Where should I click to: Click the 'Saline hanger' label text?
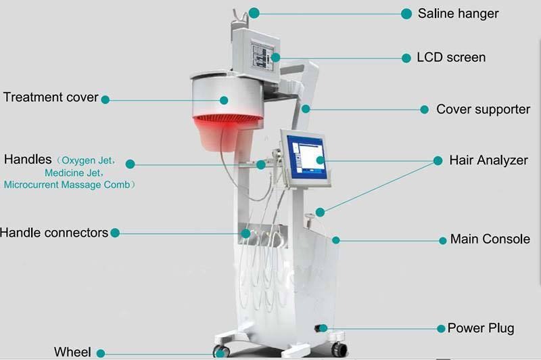click(x=458, y=14)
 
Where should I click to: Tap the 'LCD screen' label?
click(x=451, y=58)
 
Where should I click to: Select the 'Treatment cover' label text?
click(x=51, y=97)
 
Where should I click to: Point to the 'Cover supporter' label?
click(x=483, y=110)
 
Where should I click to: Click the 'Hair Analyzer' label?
click(x=488, y=160)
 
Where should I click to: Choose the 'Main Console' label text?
click(x=490, y=239)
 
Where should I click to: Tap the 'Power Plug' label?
click(x=481, y=328)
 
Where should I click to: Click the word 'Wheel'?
click(x=72, y=352)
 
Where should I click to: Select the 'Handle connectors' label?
click(x=54, y=233)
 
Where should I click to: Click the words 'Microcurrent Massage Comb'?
click(x=67, y=185)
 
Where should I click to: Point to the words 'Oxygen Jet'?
click(x=87, y=160)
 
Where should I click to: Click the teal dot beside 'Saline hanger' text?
click(x=406, y=14)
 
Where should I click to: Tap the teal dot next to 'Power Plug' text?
click(x=441, y=329)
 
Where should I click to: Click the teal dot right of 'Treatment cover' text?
click(x=105, y=99)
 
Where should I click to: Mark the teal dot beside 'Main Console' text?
click(x=443, y=241)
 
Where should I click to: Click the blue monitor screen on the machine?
click(x=306, y=157)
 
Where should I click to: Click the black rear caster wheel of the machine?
click(x=339, y=350)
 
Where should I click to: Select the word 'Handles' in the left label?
click(x=28, y=160)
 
